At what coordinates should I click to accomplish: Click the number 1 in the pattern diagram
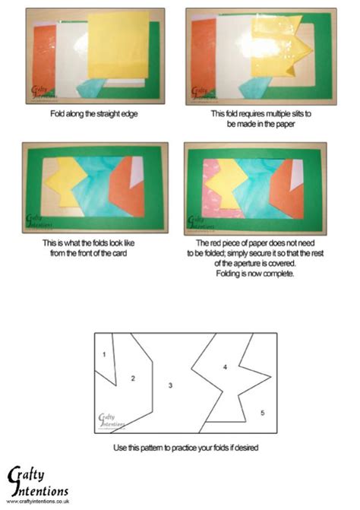coord(103,354)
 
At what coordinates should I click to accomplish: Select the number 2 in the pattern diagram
coord(132,378)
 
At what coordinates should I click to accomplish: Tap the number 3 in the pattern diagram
coord(170,385)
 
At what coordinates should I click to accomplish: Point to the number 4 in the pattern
coord(225,367)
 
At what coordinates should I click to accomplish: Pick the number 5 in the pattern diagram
coord(262,413)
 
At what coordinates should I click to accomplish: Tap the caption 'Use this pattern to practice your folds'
coord(185,448)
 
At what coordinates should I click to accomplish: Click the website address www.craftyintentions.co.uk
coord(39,500)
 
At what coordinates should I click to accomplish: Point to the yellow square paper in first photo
coord(118,46)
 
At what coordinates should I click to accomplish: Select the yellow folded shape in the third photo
coord(65,188)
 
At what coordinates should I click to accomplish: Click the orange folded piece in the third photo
coord(125,188)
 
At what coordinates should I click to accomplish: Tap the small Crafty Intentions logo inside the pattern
coord(111,420)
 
